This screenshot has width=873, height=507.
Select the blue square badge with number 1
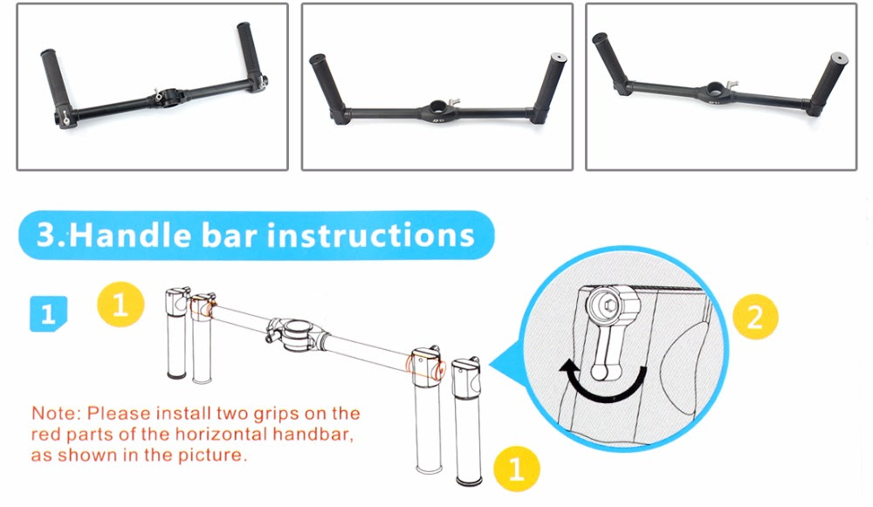point(48,314)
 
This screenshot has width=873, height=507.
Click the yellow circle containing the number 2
point(754,316)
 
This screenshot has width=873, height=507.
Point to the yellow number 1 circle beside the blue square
point(120,305)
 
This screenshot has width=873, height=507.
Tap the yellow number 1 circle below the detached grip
point(516,469)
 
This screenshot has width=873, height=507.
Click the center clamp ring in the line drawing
point(296,333)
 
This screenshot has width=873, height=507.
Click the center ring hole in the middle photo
point(437,106)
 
